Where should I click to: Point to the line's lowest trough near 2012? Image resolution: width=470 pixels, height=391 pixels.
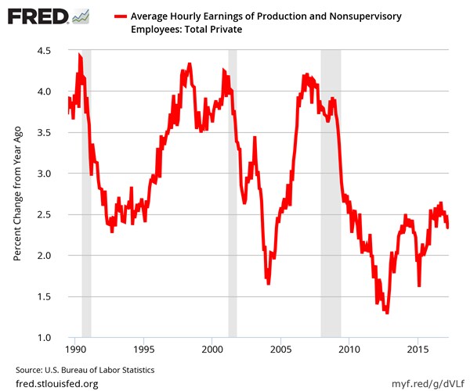[386, 312]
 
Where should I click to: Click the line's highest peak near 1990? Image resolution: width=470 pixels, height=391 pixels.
[79, 56]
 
